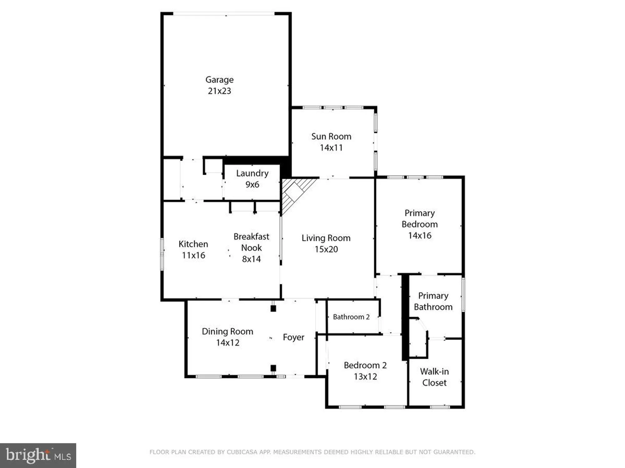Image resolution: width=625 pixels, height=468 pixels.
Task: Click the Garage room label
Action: coord(219,80)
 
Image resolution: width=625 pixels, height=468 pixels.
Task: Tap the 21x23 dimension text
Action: coord(219,91)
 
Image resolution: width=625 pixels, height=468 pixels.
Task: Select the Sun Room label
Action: coord(331,137)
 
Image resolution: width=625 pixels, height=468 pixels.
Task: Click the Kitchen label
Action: coord(193,244)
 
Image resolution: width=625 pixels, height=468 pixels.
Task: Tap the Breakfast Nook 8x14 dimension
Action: coord(251,259)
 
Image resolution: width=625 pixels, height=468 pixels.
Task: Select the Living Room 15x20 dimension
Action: coord(326,249)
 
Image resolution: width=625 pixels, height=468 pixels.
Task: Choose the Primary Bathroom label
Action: coord(433,301)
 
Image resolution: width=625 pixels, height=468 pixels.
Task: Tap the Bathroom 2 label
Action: coord(351,317)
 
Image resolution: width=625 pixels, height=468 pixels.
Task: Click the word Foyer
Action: coord(293,337)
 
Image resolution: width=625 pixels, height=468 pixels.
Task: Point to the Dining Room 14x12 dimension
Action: coord(227,343)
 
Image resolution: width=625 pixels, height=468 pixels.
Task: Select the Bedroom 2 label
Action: coord(365,365)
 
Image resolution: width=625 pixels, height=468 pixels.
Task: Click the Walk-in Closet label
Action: coord(434,377)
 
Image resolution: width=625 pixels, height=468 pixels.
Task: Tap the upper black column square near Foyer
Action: coord(273,309)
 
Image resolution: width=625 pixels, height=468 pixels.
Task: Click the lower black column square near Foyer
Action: coord(273,368)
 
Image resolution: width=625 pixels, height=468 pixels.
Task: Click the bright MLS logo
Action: coord(38,456)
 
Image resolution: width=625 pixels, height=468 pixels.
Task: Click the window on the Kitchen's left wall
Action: coord(162,254)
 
